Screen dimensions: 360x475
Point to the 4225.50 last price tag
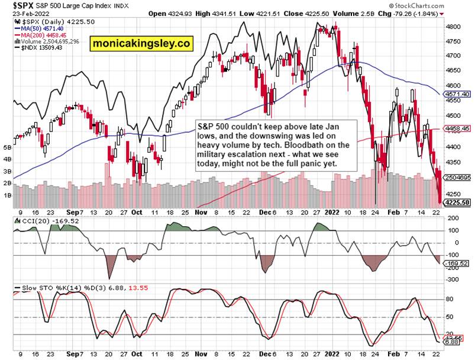[457, 202]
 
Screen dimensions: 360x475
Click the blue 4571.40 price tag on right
[457, 94]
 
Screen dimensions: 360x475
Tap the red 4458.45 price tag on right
[457, 127]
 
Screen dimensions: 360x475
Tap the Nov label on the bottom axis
[202, 210]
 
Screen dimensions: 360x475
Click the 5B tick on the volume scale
[8, 147]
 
